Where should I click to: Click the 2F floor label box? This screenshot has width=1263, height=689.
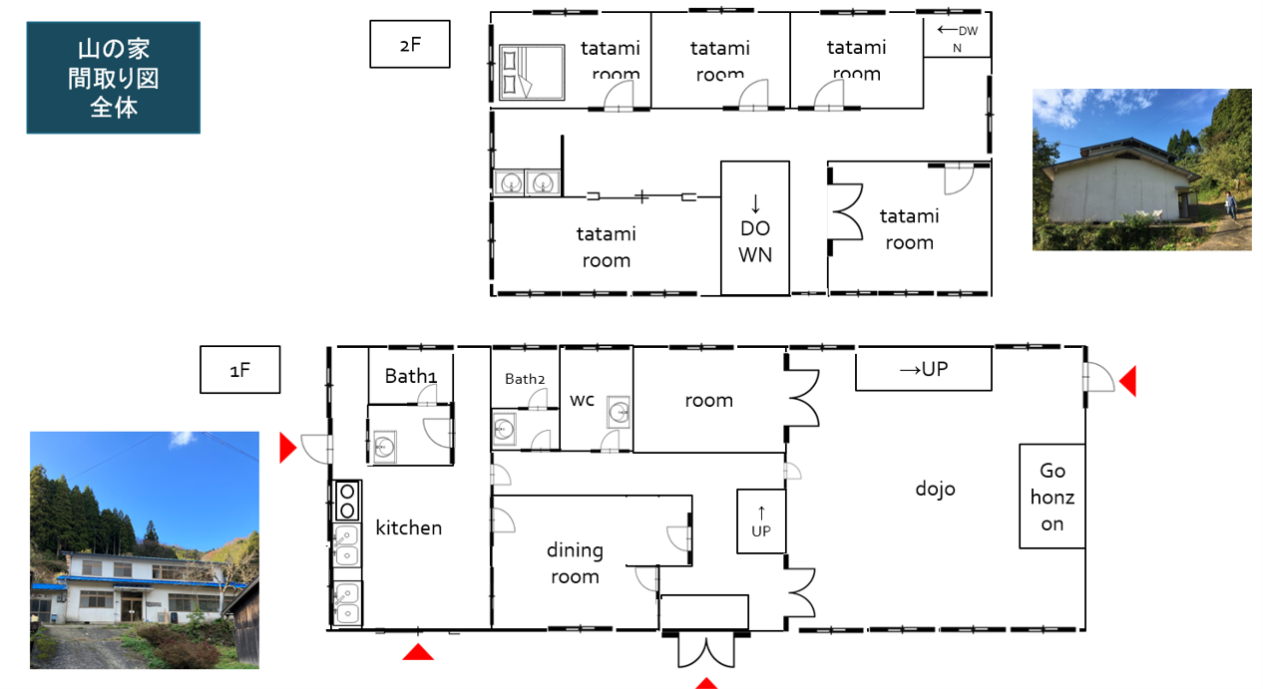click(410, 44)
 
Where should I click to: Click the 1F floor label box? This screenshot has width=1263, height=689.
click(240, 370)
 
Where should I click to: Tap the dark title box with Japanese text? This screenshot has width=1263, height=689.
click(114, 77)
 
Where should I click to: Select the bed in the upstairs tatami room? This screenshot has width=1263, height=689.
click(532, 72)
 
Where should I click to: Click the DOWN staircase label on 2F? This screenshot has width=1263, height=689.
click(755, 241)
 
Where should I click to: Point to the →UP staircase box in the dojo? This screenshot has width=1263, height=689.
click(924, 369)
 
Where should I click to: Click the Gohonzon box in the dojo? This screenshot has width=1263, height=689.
click(1052, 497)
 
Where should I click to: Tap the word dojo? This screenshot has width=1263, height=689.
click(936, 489)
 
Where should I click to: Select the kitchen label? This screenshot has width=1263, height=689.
click(409, 527)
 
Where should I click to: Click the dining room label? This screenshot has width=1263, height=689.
click(575, 562)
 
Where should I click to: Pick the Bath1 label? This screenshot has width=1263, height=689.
click(410, 376)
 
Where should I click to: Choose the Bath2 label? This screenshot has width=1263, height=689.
click(525, 379)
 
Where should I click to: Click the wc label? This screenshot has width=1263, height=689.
click(582, 400)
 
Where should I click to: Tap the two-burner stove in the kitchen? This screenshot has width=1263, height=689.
click(347, 501)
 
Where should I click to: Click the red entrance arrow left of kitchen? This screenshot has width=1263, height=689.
click(288, 449)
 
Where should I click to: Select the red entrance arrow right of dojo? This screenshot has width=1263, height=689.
click(1127, 381)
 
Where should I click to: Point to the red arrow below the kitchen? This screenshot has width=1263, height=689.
click(418, 652)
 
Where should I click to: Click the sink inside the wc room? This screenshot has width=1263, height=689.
click(619, 412)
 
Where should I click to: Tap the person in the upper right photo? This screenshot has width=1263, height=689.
click(1230, 205)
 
